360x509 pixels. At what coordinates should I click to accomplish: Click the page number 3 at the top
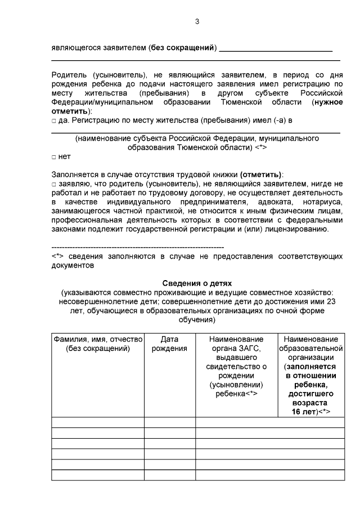tap(197, 21)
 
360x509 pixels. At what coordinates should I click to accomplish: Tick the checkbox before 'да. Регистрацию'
tap(53, 120)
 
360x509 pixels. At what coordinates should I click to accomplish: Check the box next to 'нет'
tap(53, 157)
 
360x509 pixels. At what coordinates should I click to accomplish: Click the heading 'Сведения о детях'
tap(197, 283)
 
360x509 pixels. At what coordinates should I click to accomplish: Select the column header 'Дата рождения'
tap(169, 344)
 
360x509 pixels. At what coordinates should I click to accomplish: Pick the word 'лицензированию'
tap(307, 228)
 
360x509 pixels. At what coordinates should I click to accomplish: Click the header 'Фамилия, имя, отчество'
tap(98, 339)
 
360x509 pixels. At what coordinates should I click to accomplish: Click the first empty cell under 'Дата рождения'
tap(169, 422)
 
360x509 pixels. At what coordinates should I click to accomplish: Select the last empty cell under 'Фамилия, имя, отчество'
tap(98, 475)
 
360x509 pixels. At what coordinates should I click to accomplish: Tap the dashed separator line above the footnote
tap(137, 247)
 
